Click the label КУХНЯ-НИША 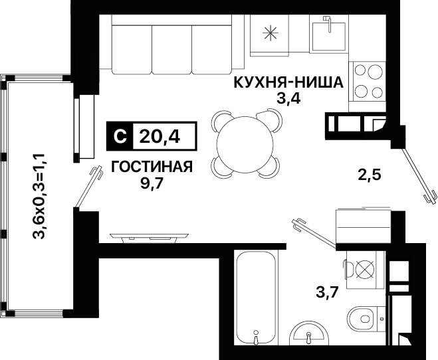click(288, 82)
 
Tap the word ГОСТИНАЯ click(152, 167)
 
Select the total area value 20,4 click(160, 136)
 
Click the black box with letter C click(120, 136)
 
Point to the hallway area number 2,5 click(370, 175)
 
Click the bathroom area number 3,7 click(328, 292)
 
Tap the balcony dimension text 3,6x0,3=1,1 click(39, 196)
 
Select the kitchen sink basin click(329, 37)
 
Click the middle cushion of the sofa click(172, 50)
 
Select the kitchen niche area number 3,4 click(288, 98)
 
